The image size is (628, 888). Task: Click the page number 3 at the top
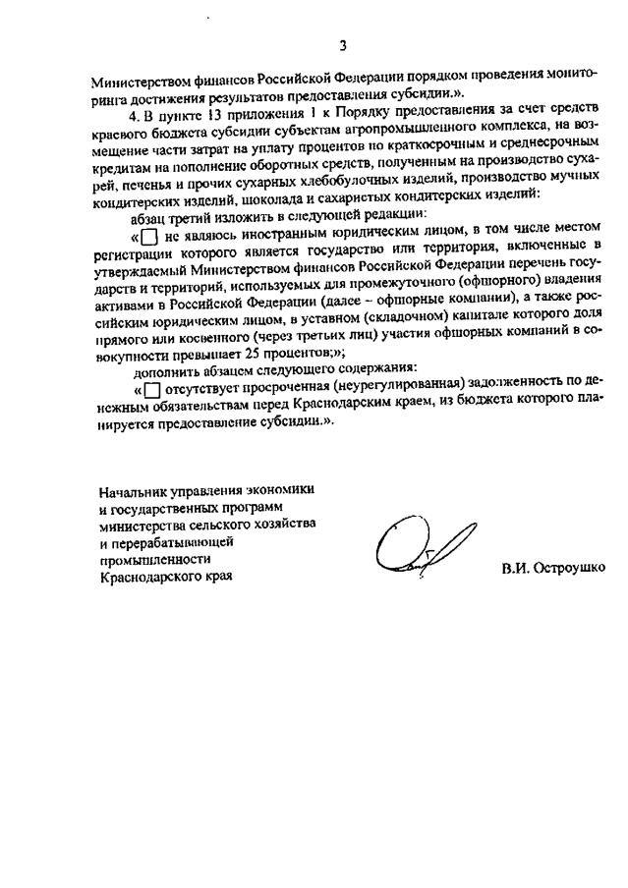pyautogui.click(x=343, y=44)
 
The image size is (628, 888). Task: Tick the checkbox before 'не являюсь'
pyautogui.click(x=148, y=239)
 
